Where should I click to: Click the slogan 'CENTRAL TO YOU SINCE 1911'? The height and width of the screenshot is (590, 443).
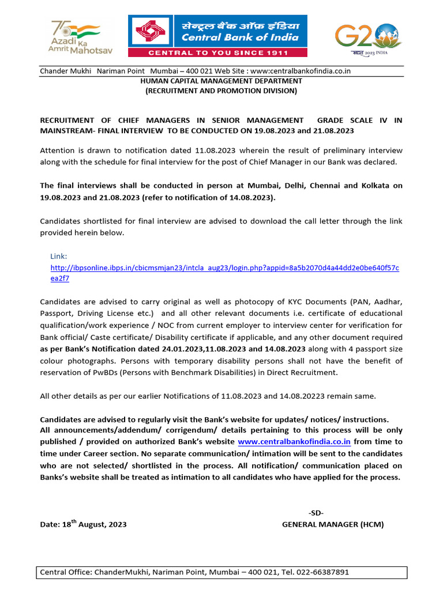click(x=217, y=52)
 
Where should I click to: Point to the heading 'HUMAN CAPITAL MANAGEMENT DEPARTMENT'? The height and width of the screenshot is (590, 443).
click(x=221, y=81)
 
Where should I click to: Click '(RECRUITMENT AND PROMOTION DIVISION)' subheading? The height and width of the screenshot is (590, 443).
click(x=221, y=90)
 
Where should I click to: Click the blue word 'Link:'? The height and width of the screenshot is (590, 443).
click(x=59, y=255)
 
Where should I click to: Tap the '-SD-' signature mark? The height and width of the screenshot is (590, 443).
click(x=316, y=513)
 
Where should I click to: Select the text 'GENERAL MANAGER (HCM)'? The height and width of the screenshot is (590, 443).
click(x=332, y=524)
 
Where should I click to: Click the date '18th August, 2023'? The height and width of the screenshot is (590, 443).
click(x=93, y=524)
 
